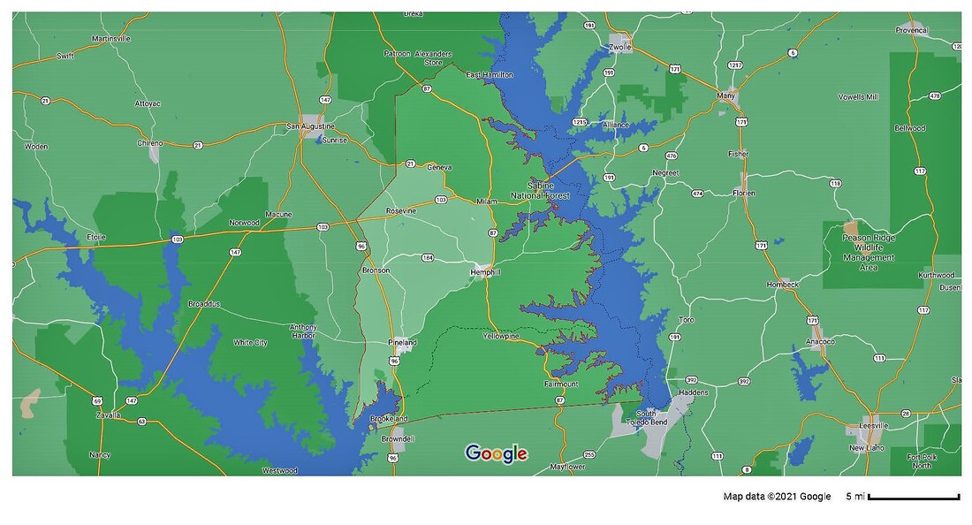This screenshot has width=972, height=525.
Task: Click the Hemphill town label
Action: pos(486,272)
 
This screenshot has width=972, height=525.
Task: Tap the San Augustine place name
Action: pos(312,126)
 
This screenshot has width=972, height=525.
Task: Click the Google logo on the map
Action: pos(497,454)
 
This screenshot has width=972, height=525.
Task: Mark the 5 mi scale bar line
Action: pos(914,498)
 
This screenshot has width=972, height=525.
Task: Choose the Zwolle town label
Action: pos(620,47)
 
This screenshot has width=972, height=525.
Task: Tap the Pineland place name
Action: pos(402,342)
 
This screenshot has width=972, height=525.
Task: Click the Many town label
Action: pos(727,95)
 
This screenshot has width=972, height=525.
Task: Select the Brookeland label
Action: pos(389,418)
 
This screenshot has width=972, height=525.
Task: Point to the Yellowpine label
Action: pos(501,336)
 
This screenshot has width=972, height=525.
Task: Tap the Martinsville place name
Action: pos(111,39)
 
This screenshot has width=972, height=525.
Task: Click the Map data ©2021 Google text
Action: pos(777,497)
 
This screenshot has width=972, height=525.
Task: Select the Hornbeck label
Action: pos(783,285)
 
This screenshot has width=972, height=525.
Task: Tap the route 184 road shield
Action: pos(428,258)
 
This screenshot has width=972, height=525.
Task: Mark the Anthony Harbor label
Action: pos(303,331)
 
